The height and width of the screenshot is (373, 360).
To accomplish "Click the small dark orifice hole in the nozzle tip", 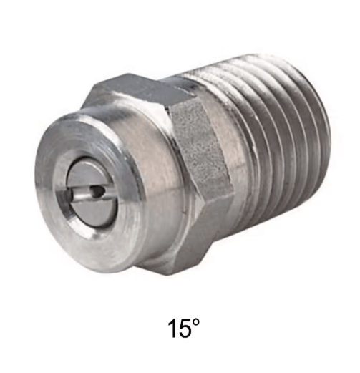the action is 99,190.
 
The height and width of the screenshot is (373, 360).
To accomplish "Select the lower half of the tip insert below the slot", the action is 91,210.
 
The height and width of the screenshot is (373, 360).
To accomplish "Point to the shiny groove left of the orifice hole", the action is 80,195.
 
